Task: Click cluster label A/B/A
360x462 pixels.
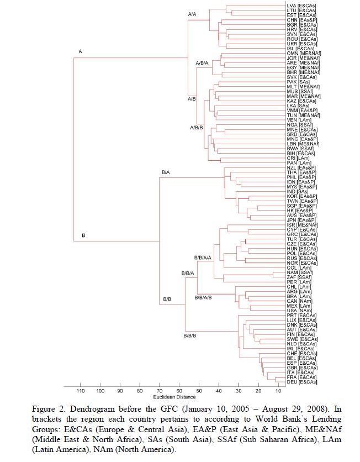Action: pos(202,63)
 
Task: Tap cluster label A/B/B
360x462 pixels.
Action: pos(197,128)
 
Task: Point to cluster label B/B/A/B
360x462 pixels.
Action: pos(203,297)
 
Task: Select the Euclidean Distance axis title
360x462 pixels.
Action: pos(174,397)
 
